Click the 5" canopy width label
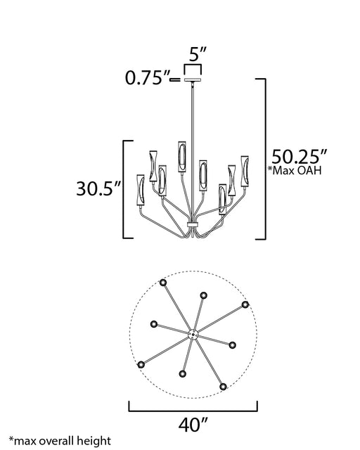pos(198,53)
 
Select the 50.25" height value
pos(299,157)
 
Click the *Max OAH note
pos(295,170)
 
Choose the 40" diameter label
pos(193,425)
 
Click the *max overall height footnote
pos(60,441)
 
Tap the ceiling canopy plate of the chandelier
pos(193,79)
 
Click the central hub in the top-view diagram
pos(193,335)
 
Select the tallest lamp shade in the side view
pos(182,157)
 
